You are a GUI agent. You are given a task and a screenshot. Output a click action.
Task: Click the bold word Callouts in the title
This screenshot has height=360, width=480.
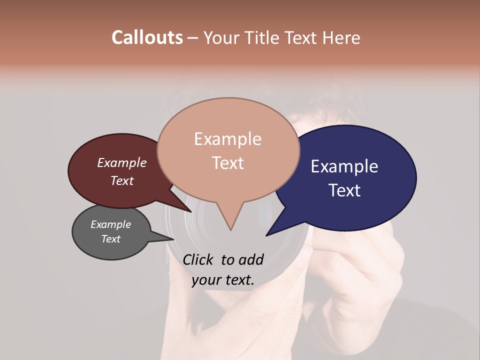click(147, 37)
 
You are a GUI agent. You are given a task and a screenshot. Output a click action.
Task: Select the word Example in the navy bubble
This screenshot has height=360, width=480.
click(344, 166)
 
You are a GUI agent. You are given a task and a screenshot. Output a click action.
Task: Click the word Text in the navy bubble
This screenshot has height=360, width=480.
click(344, 190)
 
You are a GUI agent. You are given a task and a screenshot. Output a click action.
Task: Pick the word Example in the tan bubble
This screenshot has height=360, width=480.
click(227, 139)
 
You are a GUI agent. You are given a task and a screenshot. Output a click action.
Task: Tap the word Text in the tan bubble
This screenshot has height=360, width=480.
click(227, 163)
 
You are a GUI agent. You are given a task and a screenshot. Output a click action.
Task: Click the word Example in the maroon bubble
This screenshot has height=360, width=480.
click(122, 163)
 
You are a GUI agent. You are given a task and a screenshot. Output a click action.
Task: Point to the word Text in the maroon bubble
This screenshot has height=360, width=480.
click(122, 180)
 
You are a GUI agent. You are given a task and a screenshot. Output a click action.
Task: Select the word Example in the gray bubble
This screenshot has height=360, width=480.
click(111, 224)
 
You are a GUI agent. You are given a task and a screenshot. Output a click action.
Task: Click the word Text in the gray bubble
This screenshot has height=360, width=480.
click(111, 239)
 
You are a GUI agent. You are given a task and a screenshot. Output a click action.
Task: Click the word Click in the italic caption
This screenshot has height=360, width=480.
click(199, 259)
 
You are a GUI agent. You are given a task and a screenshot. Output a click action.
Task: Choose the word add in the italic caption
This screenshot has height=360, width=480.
click(251, 259)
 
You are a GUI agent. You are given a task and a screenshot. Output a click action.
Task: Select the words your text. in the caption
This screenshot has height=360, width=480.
click(223, 280)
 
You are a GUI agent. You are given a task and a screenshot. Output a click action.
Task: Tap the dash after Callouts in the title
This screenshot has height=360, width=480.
click(193, 38)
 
